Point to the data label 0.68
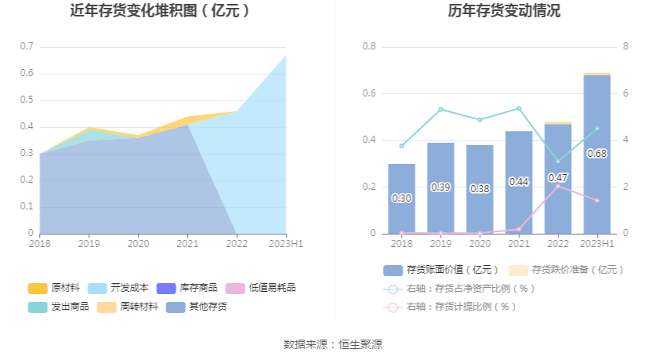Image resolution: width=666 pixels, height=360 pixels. pyautogui.click(x=597, y=153)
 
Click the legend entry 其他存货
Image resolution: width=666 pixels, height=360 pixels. pyautogui.click(x=195, y=307)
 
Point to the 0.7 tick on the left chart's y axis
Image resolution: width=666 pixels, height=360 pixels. pyautogui.click(x=27, y=46)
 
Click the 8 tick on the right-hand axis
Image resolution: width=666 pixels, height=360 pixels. pyautogui.click(x=625, y=46)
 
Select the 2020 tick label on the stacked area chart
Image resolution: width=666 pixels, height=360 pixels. pyautogui.click(x=139, y=244)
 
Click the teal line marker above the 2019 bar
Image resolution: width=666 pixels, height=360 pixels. pyautogui.click(x=440, y=109)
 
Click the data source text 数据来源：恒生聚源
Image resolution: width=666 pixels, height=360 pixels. pyautogui.click(x=333, y=344)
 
